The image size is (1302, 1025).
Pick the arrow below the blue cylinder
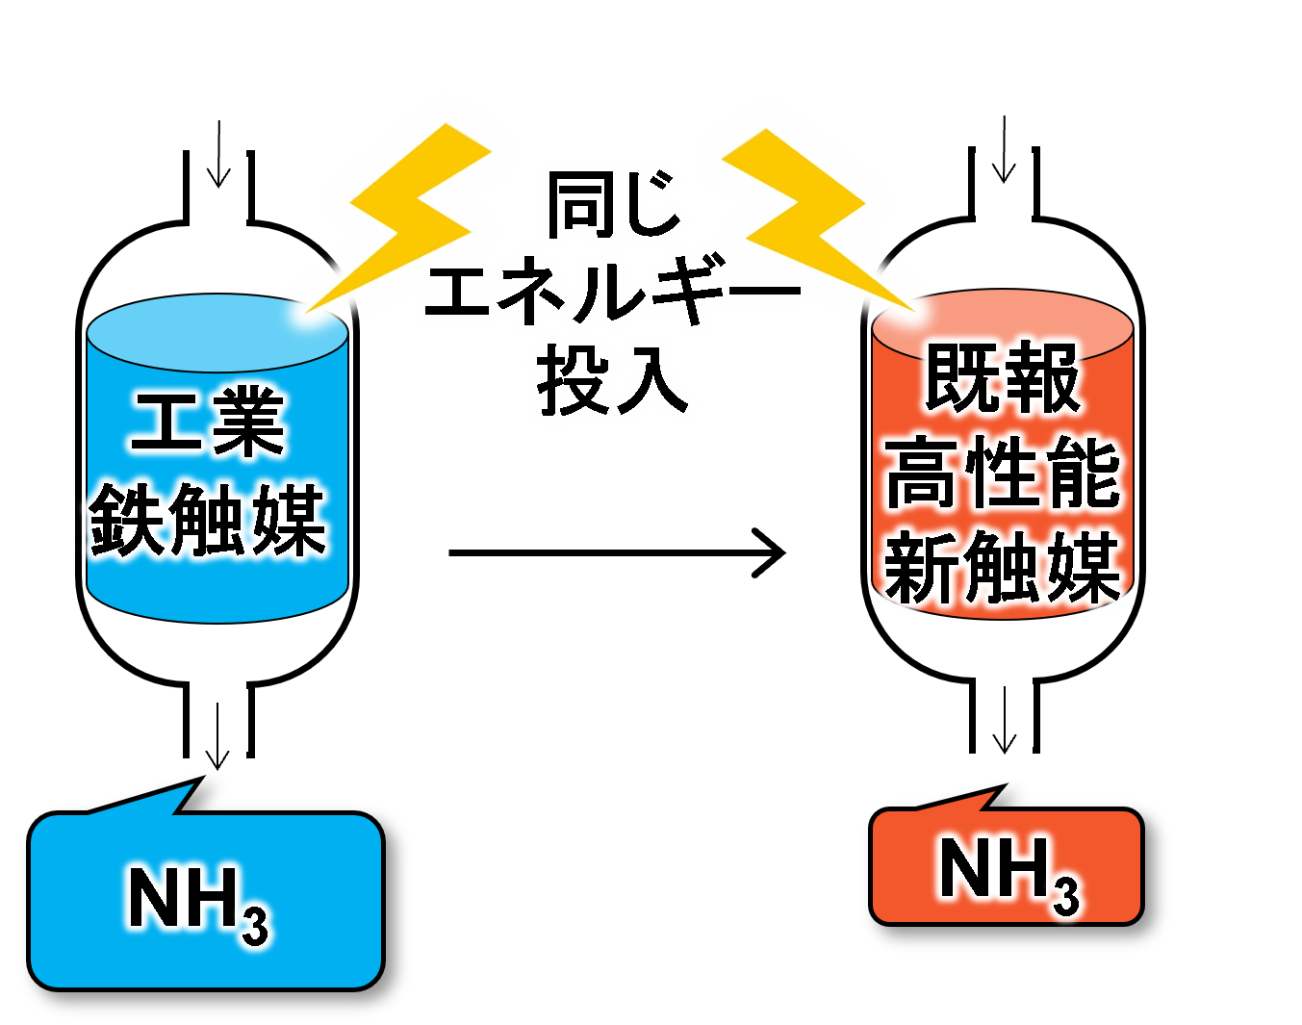coord(218,736)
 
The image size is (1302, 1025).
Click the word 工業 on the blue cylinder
coord(208,423)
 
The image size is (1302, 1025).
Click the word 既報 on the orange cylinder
coord(1002,378)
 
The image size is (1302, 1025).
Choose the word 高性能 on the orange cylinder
coord(1002,472)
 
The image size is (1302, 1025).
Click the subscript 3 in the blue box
coord(255,924)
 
